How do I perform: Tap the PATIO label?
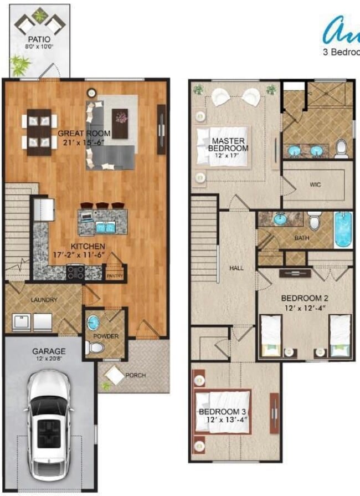click(x=39, y=40)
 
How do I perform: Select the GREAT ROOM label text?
click(x=84, y=133)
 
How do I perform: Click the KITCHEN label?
click(x=88, y=247)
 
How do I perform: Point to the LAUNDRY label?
click(x=44, y=300)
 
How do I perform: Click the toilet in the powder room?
click(x=96, y=347)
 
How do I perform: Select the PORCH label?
click(x=135, y=375)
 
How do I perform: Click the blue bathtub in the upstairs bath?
click(x=343, y=229)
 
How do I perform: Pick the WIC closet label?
click(x=315, y=184)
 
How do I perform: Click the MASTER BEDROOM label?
click(x=229, y=145)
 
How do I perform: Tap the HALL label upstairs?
click(x=236, y=268)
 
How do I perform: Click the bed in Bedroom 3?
click(x=223, y=411)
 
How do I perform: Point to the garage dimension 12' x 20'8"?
click(x=49, y=359)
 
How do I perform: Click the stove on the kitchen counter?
click(x=75, y=272)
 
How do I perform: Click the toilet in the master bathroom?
click(x=342, y=149)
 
